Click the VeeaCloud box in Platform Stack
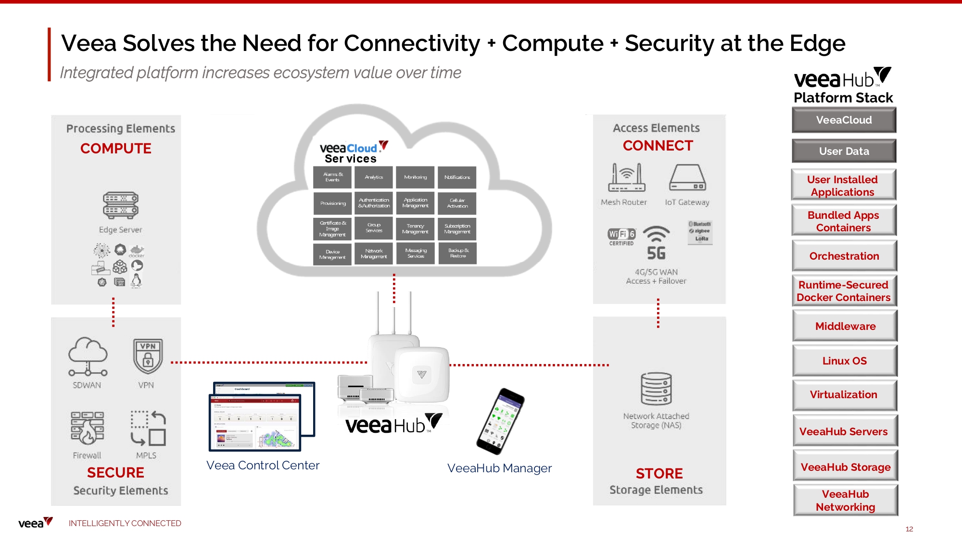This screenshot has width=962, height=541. (x=844, y=120)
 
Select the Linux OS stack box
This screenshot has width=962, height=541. (x=845, y=361)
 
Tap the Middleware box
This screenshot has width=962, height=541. (x=845, y=326)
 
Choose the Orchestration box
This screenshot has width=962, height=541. (x=844, y=256)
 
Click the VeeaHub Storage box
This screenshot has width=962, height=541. (x=845, y=466)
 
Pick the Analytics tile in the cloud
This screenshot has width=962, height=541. (x=374, y=177)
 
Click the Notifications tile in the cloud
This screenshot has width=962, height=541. (x=457, y=177)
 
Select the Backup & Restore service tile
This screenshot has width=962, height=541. (x=457, y=253)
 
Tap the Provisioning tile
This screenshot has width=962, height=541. (x=332, y=203)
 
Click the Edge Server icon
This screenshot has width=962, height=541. (x=120, y=205)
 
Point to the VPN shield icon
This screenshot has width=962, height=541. (x=148, y=356)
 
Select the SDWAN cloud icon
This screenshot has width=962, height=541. (x=88, y=356)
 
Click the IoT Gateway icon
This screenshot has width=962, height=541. (x=687, y=178)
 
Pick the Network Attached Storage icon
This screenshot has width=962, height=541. (x=656, y=389)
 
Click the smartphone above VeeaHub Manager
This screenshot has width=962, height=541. (x=500, y=421)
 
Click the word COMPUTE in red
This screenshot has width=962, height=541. (x=116, y=148)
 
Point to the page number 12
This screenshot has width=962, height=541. (x=909, y=529)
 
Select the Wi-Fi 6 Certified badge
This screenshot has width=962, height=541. (x=621, y=236)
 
